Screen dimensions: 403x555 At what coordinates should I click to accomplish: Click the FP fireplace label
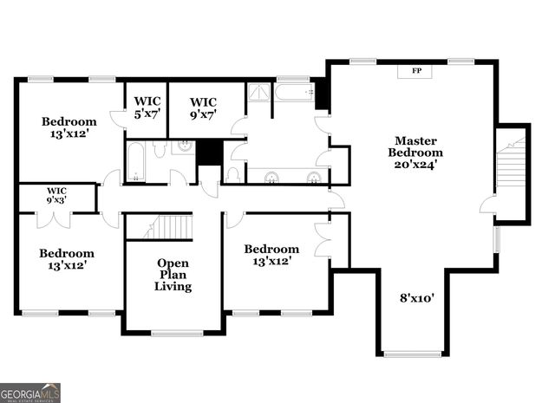[x=416, y=71]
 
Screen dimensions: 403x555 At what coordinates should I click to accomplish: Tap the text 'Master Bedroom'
[x=415, y=146]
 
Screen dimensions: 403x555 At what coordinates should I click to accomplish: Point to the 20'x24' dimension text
[x=415, y=164]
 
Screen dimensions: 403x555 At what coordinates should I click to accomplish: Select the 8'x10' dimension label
[x=415, y=298]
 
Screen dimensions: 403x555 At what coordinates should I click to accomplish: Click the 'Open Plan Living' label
[x=173, y=275]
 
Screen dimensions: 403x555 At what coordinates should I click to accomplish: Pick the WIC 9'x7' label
[x=203, y=107]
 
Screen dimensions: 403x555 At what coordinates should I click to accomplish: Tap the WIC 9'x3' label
[x=56, y=194]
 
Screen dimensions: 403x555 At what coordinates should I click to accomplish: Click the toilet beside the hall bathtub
[x=160, y=151]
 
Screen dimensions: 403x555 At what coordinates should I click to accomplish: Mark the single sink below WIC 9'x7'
[x=183, y=147]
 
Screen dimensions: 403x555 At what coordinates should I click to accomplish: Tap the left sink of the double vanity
[x=271, y=177]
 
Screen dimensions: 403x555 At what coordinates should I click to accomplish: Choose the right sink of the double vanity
[x=313, y=177]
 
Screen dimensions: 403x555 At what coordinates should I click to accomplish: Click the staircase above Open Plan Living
[x=170, y=227]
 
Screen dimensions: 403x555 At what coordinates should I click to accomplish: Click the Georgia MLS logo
[x=30, y=393]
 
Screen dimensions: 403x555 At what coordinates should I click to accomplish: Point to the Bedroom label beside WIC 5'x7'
[x=69, y=127]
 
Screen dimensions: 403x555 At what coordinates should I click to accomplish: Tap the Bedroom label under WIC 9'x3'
[x=66, y=259]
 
